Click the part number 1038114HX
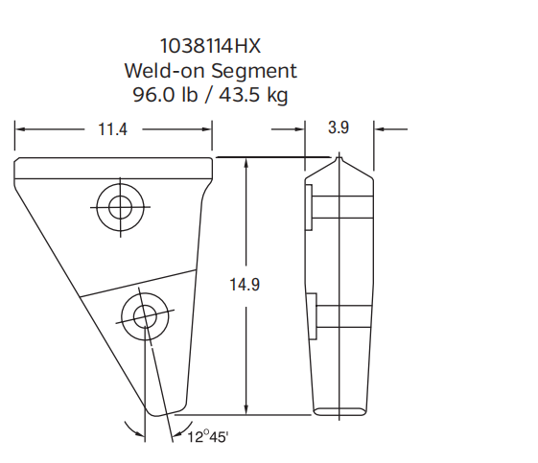209,45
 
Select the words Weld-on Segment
209,70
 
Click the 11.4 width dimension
112,129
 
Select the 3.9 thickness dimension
339,128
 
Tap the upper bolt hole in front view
120,204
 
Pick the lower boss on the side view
309,316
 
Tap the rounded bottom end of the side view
339,412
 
